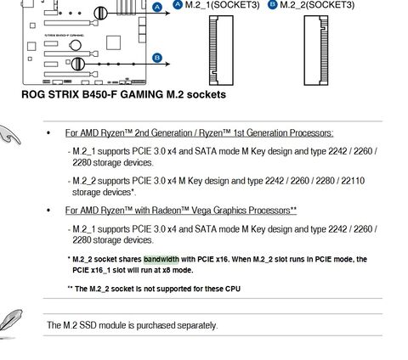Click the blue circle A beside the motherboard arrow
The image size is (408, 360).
pos(157,8)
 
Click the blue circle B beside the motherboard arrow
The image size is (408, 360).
pos(157,58)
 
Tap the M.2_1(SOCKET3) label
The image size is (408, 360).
pos(223,5)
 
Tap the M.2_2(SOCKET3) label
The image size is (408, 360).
pos(317,5)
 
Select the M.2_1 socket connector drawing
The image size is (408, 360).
pos(221,50)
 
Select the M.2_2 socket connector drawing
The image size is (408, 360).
pos(316,50)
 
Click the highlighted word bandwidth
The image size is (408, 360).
pos(161,259)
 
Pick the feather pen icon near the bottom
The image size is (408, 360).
pos(11,323)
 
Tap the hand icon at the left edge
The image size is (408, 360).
pos(10,135)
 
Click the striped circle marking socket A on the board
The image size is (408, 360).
pos(100,13)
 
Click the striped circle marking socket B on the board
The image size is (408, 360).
pos(78,64)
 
